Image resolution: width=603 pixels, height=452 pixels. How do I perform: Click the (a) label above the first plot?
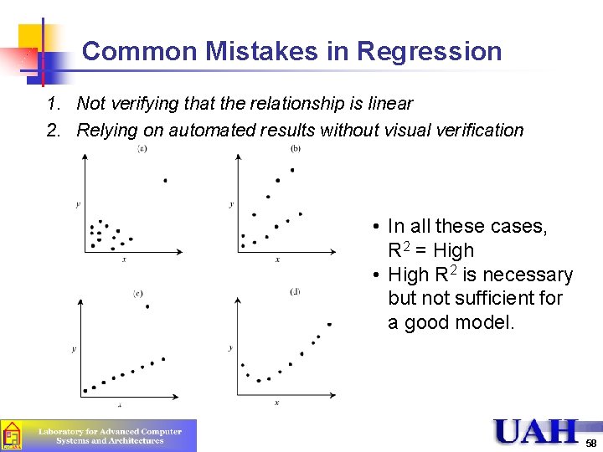(142, 149)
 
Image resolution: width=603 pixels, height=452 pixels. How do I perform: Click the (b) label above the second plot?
(296, 149)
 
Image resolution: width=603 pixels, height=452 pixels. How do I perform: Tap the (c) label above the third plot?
(138, 293)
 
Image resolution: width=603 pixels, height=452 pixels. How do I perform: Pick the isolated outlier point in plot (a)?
(165, 180)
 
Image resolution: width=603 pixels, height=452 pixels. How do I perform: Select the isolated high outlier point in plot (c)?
(147, 306)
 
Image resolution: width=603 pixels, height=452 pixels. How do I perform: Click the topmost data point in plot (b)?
(292, 170)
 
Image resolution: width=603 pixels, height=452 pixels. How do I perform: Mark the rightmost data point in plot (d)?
(329, 324)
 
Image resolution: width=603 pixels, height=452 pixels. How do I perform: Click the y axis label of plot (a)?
(77, 204)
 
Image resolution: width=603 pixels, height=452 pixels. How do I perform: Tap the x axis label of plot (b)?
(277, 259)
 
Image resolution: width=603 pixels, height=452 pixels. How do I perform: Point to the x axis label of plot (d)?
(276, 403)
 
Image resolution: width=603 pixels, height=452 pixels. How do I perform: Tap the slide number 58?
(591, 443)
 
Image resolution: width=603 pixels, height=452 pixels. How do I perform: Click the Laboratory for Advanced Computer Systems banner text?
(110, 435)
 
